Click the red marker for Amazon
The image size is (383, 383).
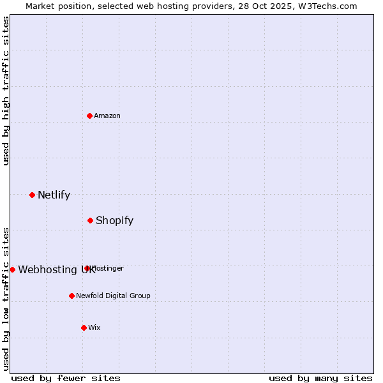90,116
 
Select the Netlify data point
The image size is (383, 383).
32,195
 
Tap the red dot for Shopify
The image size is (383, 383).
90,220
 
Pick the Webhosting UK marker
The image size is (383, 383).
12,269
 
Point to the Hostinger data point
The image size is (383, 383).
87,268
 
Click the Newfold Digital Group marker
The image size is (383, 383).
71,296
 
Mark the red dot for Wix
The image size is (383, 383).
84,327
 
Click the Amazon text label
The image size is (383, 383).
107,116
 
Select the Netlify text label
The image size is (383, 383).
54,195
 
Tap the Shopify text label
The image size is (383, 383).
114,220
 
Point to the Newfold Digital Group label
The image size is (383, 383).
113,296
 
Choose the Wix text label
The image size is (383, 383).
94,327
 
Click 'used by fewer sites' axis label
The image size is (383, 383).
66,378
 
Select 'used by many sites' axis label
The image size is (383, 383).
320,378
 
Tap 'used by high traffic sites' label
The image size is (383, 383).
6,91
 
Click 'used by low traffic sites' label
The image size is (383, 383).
6,298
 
